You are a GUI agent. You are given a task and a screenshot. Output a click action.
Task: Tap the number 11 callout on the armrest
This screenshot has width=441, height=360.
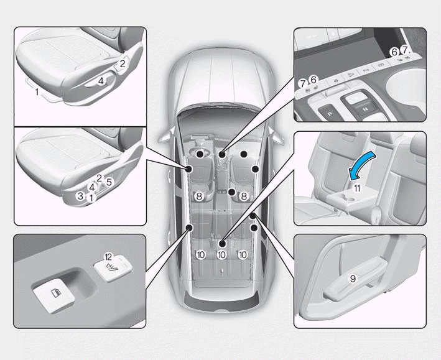(357, 188)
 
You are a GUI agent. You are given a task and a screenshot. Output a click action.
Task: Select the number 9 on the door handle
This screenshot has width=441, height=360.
(353, 279)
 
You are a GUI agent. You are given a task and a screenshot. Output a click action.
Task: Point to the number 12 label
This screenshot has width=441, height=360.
(108, 257)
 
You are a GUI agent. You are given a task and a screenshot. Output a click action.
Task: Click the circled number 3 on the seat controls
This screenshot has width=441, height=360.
(81, 196)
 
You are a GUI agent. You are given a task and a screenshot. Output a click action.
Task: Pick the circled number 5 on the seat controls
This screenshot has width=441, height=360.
(109, 182)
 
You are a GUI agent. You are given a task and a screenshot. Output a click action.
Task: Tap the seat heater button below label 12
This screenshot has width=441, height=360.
(113, 267)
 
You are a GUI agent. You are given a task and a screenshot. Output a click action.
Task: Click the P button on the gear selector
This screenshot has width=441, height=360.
(330, 114)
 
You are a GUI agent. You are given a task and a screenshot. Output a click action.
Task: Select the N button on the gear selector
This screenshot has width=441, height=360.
(365, 109)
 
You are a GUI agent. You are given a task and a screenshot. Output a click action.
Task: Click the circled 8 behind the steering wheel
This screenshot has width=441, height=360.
(199, 196)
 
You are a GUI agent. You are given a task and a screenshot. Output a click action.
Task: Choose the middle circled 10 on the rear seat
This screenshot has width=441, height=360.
(221, 255)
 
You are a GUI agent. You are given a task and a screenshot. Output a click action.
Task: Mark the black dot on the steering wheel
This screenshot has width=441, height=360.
(200, 154)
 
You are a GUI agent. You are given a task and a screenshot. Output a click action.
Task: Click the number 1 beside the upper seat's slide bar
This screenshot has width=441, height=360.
(37, 91)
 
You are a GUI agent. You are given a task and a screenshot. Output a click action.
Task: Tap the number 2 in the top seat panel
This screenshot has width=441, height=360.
(123, 64)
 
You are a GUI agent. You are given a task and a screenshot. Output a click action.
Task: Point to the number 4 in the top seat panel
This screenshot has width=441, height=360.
(101, 81)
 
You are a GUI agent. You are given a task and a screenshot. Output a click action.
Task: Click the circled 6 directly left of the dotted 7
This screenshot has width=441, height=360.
(394, 52)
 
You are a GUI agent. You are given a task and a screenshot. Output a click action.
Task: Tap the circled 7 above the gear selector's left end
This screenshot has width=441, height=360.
(303, 83)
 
